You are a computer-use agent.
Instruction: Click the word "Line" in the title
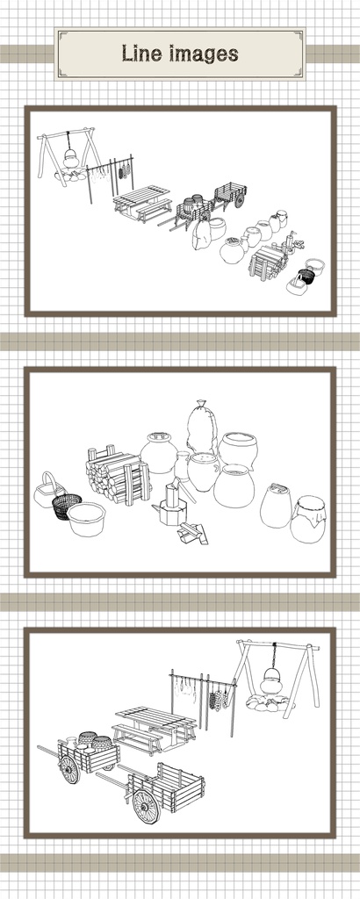click(x=141, y=54)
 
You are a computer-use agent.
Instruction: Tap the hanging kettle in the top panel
click(x=70, y=157)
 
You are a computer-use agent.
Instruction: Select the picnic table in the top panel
click(x=143, y=203)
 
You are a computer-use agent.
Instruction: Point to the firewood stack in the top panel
click(x=267, y=262)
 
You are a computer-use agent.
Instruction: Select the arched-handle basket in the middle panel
click(x=48, y=491)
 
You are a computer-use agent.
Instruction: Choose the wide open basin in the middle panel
click(x=87, y=519)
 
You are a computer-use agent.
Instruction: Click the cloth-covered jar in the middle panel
click(x=308, y=519)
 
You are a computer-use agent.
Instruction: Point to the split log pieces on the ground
click(x=192, y=533)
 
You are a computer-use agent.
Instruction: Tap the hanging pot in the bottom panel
click(x=270, y=680)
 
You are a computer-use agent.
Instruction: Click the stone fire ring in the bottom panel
click(x=269, y=702)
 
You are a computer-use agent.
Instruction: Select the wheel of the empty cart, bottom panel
click(x=147, y=807)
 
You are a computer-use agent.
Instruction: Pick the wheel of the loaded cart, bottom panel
click(x=69, y=769)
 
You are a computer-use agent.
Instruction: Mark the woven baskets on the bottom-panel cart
click(x=95, y=741)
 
